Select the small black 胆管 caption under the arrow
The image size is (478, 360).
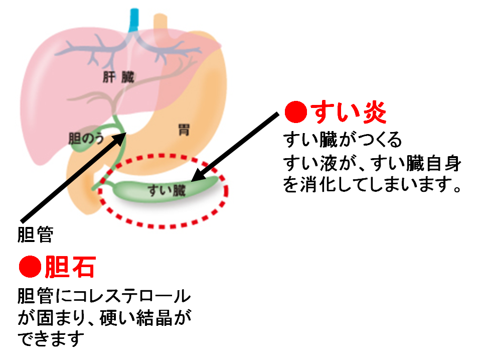click(35, 234)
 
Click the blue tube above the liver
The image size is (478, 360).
click(134, 20)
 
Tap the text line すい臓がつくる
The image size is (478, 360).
click(343, 141)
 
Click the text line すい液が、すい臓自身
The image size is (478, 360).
click(372, 163)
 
